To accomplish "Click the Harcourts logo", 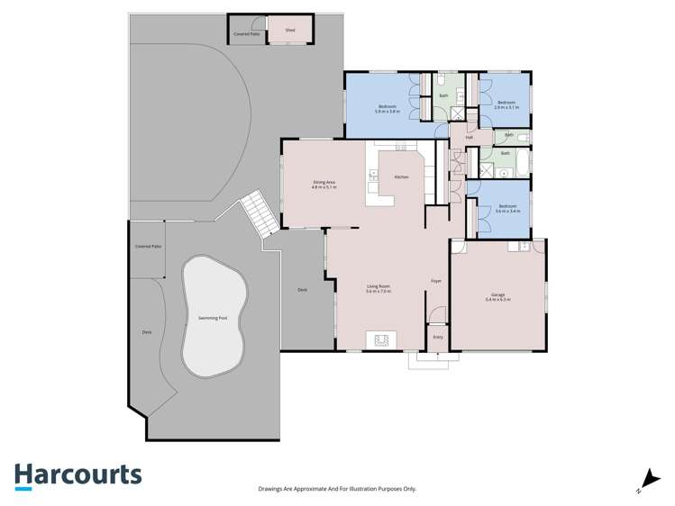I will (x=78, y=475).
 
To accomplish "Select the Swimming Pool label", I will (x=213, y=319).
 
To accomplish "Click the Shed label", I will (x=290, y=31).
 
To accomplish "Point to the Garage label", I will (x=498, y=295).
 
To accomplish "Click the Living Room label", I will (x=378, y=288).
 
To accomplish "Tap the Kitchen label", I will (x=402, y=176).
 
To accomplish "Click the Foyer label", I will (x=436, y=281).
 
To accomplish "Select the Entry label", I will (x=438, y=337).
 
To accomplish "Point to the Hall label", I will (x=470, y=137).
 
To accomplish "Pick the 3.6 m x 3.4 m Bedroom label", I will (x=507, y=208).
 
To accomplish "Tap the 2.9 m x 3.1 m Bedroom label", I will (x=506, y=104).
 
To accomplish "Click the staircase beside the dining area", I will (x=257, y=213).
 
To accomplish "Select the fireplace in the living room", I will (x=380, y=339).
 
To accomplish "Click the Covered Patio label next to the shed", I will (x=245, y=34).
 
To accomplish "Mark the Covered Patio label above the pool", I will (x=149, y=246).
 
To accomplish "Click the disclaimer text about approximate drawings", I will (x=337, y=489).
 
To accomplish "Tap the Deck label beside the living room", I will (x=303, y=290).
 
